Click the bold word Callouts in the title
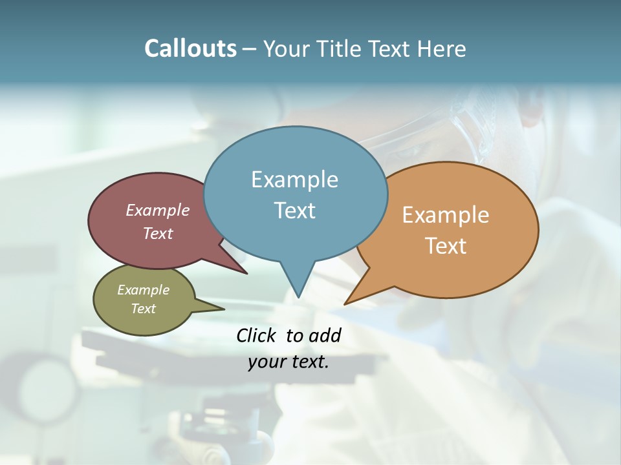click(190, 48)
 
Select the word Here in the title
click(442, 48)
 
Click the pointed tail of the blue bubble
click(298, 284)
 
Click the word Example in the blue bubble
click(294, 179)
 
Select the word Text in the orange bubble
click(446, 246)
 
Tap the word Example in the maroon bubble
click(158, 210)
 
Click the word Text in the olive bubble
click(143, 309)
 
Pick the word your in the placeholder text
click(267, 362)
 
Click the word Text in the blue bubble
click(295, 211)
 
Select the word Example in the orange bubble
click(446, 215)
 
